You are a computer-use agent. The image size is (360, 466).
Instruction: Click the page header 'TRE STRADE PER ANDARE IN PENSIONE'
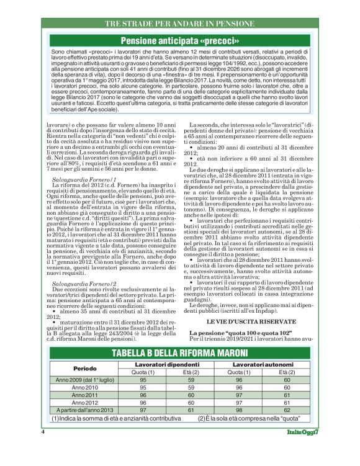coord(179,23)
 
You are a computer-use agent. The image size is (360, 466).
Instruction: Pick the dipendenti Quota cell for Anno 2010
coord(143,387)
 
